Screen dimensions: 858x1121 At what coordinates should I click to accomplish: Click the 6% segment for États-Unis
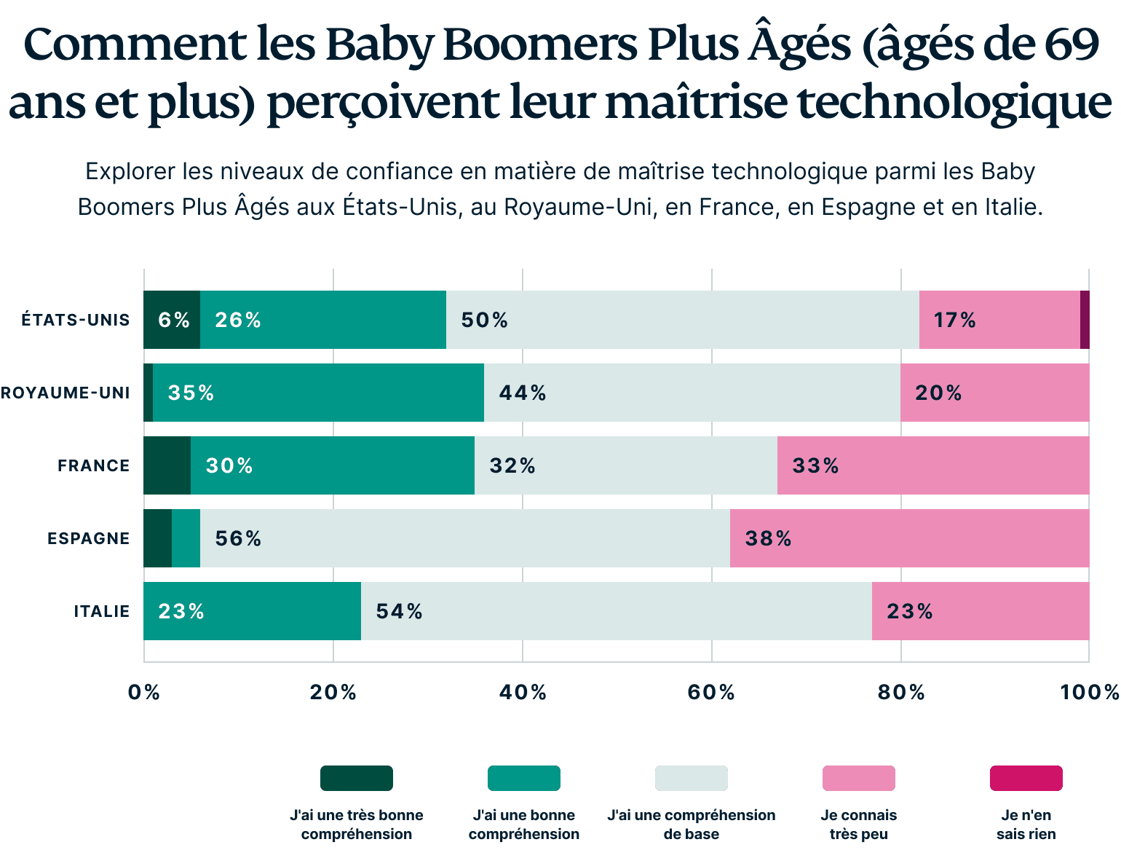point(172,320)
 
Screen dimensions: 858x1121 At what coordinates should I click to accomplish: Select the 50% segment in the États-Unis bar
point(682,320)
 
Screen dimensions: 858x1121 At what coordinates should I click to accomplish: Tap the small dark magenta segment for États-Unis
point(1085,320)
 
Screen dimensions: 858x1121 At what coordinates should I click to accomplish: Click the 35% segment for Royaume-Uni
point(318,393)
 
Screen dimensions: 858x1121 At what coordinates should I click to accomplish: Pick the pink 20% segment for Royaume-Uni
point(994,393)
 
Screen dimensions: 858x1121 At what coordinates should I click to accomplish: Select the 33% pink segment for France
point(933,465)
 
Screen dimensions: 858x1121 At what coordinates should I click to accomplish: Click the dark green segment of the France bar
point(167,465)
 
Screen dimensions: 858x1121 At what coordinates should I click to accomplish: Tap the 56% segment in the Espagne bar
point(464,538)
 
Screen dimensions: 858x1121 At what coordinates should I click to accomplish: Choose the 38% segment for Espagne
point(909,538)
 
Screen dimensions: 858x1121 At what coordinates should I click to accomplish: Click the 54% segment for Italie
point(616,611)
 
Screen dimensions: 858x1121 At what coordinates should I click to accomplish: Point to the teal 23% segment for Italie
point(252,611)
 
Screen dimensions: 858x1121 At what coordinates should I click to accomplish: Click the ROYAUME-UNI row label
point(66,393)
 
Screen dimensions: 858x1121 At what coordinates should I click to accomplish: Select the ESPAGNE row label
point(88,539)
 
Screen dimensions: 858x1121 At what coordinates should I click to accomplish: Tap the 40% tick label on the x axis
point(523,692)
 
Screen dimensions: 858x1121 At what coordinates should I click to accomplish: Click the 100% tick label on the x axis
point(1089,692)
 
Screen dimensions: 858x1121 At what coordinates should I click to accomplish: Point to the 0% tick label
point(144,692)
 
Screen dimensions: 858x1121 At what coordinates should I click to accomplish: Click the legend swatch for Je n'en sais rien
point(1026,778)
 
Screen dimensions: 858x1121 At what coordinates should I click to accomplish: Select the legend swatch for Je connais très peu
point(858,778)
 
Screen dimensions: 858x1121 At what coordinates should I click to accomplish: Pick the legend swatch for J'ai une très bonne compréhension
point(357,778)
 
